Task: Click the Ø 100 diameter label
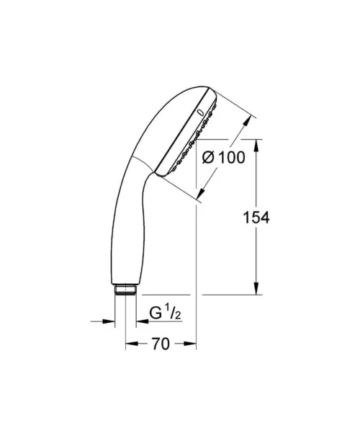pos(223,158)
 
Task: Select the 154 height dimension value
pos(256,218)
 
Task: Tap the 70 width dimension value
pos(161,344)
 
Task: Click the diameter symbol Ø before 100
pos(208,158)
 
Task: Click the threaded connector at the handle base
pos(125,290)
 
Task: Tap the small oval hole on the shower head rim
pos(200,112)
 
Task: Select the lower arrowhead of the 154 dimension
pos(257,288)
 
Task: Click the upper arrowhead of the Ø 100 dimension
pos(247,122)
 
